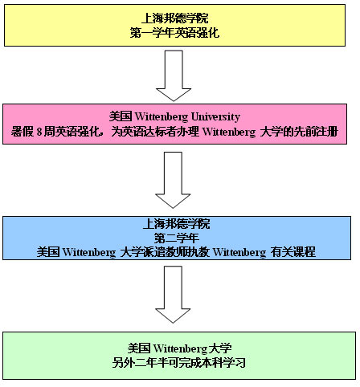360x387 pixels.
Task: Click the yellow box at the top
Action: (x=174, y=25)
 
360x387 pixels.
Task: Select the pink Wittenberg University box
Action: (x=174, y=124)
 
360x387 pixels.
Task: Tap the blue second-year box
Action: (x=177, y=238)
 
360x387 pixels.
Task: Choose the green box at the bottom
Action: (x=179, y=356)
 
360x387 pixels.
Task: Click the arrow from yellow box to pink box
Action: (x=174, y=75)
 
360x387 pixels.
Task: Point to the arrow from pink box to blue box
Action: (x=173, y=180)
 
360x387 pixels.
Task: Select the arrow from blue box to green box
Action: (x=173, y=295)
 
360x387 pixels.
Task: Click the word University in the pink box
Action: (x=215, y=117)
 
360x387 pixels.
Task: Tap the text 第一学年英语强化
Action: (x=174, y=33)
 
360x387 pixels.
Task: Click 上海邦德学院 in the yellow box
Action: (x=174, y=18)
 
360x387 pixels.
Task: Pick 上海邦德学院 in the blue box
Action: (x=177, y=224)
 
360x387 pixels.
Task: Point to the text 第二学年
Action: (x=177, y=238)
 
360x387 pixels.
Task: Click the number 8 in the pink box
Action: (x=39, y=132)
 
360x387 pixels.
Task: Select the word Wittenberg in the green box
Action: (x=180, y=348)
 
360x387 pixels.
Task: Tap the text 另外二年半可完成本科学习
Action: (x=179, y=363)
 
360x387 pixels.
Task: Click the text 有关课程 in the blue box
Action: (x=293, y=252)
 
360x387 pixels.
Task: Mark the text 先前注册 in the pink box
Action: (x=316, y=132)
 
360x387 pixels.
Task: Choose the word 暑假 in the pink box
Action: (x=22, y=132)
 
